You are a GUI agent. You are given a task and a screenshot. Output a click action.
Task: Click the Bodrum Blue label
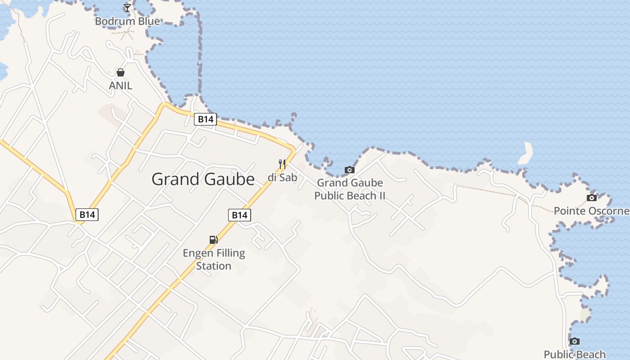tap(127, 21)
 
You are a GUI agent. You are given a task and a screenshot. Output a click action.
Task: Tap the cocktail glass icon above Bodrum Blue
tap(127, 8)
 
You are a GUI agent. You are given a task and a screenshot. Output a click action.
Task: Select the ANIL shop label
tap(121, 85)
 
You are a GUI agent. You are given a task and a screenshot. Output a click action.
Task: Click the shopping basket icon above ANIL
tap(121, 72)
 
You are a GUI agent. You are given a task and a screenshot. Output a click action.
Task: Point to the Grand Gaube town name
tap(203, 179)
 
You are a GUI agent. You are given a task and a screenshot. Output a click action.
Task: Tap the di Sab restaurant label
tap(283, 177)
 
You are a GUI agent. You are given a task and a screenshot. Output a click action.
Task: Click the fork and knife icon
tap(282, 164)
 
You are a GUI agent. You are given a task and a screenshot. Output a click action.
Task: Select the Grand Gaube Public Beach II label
tap(350, 189)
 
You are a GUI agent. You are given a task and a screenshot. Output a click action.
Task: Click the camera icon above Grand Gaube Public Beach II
tap(350, 170)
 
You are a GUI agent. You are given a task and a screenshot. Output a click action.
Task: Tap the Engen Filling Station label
tap(214, 259)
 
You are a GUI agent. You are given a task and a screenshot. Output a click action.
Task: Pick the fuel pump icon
tap(214, 240)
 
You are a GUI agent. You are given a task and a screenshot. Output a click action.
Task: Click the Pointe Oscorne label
tap(591, 211)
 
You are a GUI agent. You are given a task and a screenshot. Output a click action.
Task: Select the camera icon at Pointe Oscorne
tap(592, 198)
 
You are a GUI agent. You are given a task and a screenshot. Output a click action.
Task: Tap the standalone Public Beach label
tap(575, 354)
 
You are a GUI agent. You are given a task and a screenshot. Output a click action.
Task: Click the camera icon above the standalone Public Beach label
tap(575, 341)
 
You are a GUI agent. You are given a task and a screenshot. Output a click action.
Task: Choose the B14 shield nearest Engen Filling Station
tap(239, 215)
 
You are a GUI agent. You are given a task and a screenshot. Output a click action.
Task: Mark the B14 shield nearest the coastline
tap(206, 119)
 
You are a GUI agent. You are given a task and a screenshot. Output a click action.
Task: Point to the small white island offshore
tap(526, 153)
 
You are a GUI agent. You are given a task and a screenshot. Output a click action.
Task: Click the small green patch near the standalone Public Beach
tap(585, 314)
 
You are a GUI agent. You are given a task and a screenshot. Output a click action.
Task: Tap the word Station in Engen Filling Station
tap(214, 266)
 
